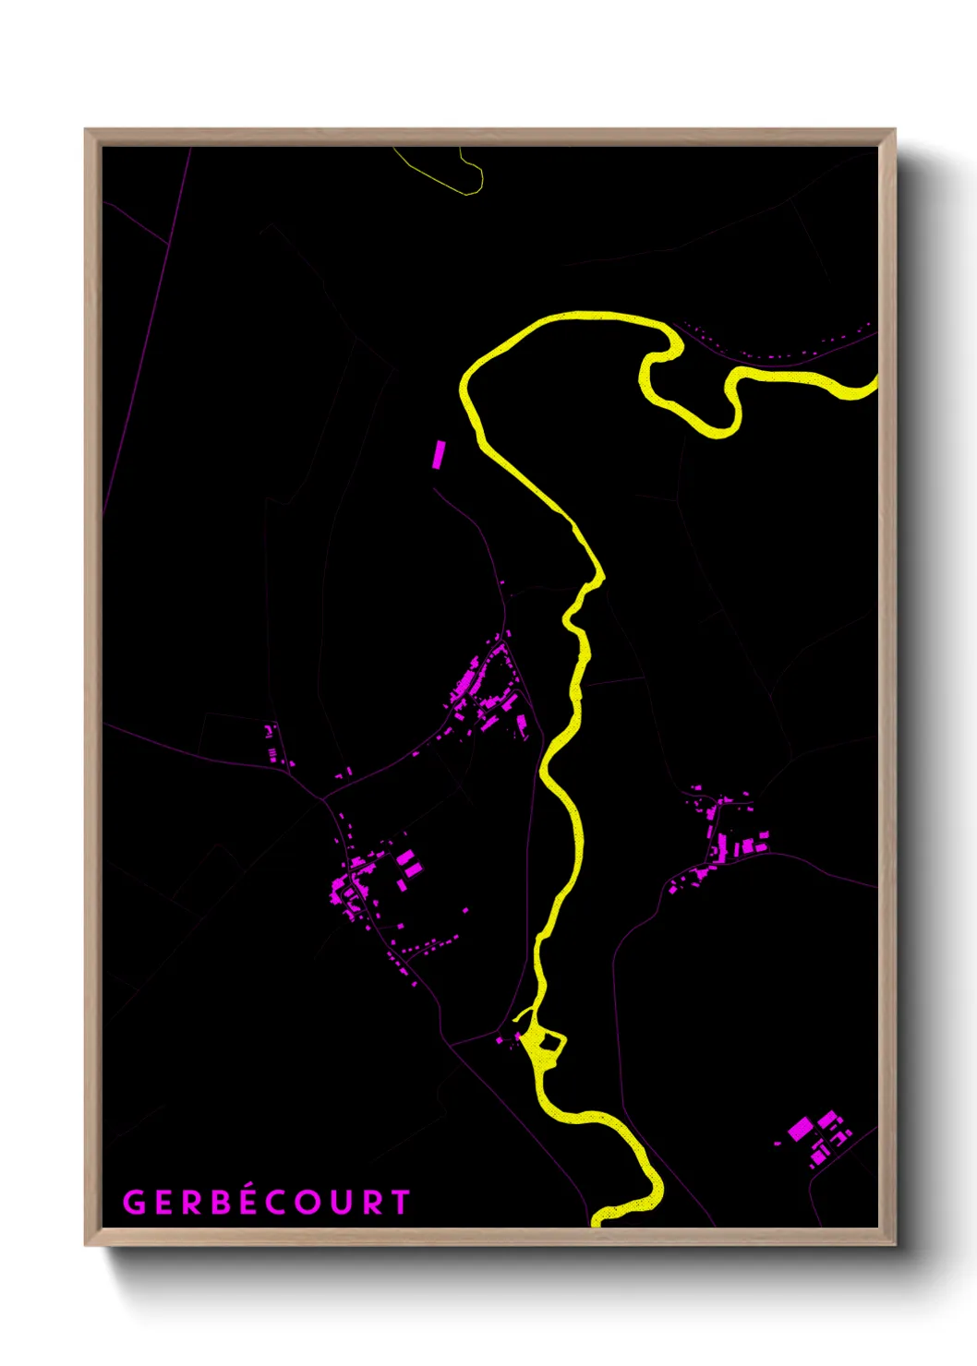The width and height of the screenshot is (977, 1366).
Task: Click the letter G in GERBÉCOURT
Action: pyautogui.click(x=135, y=1203)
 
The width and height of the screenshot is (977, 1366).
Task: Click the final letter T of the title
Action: pyautogui.click(x=401, y=1203)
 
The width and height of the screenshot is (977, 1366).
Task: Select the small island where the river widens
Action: pyautogui.click(x=550, y=1042)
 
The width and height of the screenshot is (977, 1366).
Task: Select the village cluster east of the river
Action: pyautogui.click(x=729, y=836)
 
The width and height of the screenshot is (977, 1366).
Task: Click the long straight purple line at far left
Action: pyautogui.click(x=148, y=332)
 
